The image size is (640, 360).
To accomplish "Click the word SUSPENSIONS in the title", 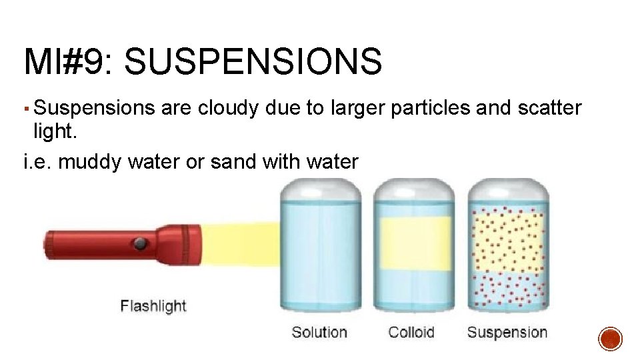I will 253,62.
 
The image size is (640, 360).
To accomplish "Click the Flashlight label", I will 153,306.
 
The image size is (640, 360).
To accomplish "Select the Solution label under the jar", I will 319,332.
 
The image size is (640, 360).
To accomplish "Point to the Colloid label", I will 411,332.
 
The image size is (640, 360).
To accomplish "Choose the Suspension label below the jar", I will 507,332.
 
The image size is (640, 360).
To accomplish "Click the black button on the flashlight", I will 139,244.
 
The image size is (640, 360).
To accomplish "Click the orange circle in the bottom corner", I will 611,339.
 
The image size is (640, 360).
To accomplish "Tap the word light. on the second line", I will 55,133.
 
